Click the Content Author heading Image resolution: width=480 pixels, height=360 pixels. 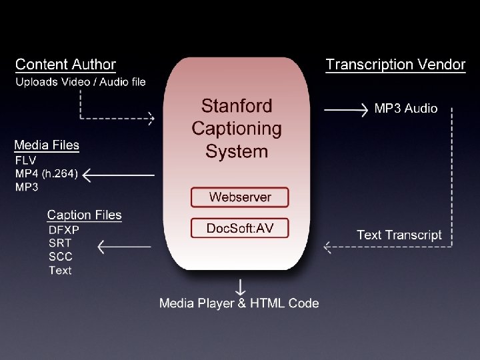(65, 65)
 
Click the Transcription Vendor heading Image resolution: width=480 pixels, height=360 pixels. (395, 65)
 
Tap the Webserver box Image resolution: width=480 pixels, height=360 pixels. (240, 197)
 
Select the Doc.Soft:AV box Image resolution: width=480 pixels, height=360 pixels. (240, 228)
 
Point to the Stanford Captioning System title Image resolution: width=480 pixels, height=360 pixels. (237, 129)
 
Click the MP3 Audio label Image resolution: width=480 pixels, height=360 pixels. (406, 108)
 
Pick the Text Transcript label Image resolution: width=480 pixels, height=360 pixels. (399, 235)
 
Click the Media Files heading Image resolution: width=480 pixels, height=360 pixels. (47, 145)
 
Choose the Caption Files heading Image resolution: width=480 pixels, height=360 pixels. (85, 215)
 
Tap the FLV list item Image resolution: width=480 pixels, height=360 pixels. (26, 161)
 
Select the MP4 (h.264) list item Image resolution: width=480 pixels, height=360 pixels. (47, 174)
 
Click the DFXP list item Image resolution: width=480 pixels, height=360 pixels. (64, 229)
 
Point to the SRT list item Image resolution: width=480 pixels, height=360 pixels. (60, 243)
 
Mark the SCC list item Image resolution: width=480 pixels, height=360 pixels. (61, 257)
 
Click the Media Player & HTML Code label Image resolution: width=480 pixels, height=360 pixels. (239, 303)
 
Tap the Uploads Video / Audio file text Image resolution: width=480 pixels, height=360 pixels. (81, 82)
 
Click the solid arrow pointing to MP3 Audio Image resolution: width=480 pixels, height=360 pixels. (346, 109)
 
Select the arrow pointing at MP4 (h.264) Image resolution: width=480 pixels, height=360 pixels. (118, 175)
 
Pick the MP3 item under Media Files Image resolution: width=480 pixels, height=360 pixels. (27, 187)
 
